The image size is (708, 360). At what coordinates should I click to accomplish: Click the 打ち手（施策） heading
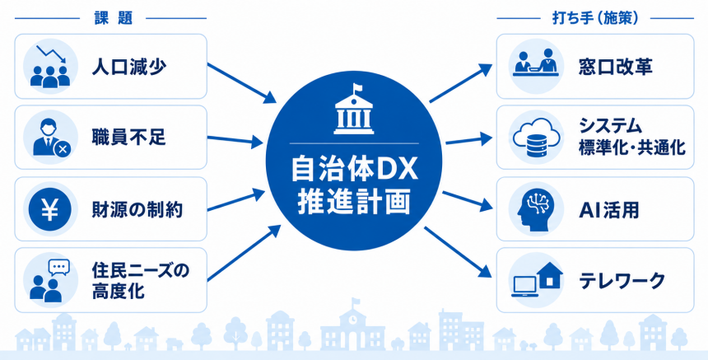click(595, 18)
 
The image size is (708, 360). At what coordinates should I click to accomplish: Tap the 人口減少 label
click(129, 67)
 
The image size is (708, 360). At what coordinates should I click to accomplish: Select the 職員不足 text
click(129, 138)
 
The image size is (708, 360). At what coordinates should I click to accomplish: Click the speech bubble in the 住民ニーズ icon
click(59, 268)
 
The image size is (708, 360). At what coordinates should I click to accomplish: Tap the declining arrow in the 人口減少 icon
click(52, 54)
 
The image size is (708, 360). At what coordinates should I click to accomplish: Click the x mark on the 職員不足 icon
click(62, 148)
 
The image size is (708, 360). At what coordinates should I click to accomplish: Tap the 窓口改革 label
click(616, 67)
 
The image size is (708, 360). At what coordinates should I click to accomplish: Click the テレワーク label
click(622, 280)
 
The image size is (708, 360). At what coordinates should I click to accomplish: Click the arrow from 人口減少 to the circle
click(241, 82)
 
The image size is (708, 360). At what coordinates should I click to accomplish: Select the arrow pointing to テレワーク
click(458, 252)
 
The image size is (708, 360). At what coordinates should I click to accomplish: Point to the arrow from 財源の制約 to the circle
click(236, 200)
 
